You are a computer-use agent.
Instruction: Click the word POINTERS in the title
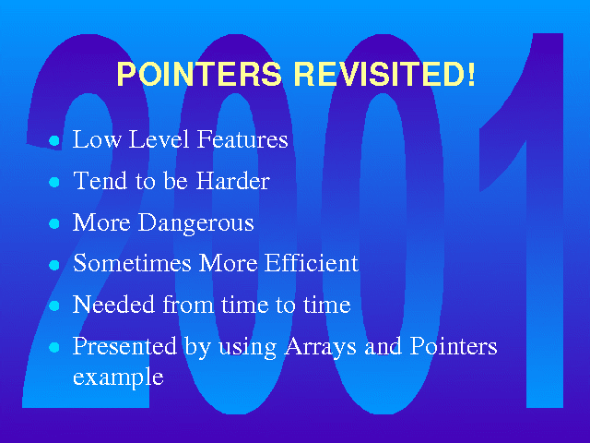coord(199,74)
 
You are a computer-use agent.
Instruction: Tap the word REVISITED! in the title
coord(384,74)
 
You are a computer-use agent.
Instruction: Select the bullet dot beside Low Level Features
coord(54,141)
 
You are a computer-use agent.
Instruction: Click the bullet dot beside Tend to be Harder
coord(54,183)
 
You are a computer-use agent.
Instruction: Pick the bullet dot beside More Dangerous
coord(54,223)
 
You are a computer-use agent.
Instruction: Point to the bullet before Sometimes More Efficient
coord(54,265)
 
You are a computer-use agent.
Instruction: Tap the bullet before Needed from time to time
coord(54,305)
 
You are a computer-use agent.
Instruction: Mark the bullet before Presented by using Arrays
coord(54,347)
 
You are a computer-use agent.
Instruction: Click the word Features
coord(242,139)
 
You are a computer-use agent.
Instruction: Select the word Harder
coord(233,181)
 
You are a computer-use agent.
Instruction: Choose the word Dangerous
coord(196,223)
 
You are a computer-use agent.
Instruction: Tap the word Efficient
coord(312,262)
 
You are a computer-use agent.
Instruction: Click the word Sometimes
coord(132,263)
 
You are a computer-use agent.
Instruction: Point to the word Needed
coord(113,304)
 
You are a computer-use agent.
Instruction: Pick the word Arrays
coord(320,347)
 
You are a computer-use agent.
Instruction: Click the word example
coord(118,377)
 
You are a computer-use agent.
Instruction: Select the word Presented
coord(124,346)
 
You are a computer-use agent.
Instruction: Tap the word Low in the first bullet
coord(97,139)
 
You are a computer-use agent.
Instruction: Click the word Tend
coord(100,181)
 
